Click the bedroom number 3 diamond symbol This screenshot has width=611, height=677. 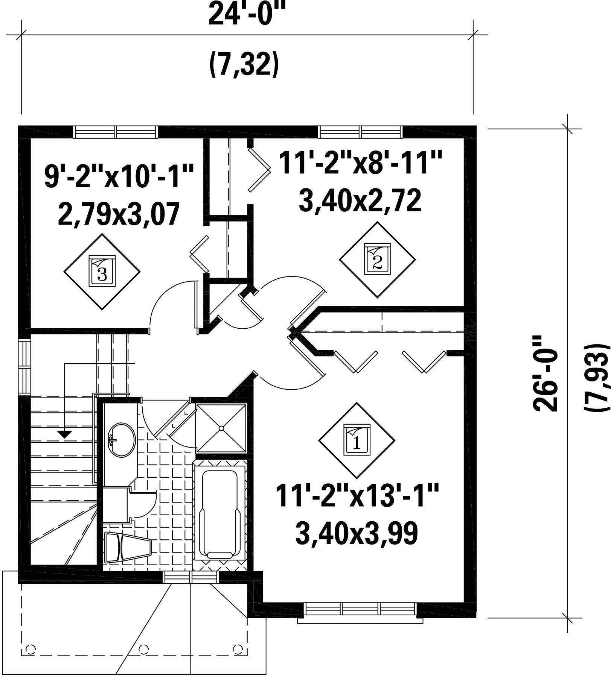tap(102, 272)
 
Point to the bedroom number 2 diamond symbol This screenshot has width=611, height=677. tap(378, 260)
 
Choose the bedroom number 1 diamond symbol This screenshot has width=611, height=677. tap(357, 440)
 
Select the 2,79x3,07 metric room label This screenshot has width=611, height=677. tap(119, 214)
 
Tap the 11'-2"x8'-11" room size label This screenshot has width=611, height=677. tap(360, 162)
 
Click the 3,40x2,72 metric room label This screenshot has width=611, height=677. tap(360, 200)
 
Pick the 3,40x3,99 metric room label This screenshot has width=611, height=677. tap(357, 533)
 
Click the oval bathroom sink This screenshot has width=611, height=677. tap(122, 440)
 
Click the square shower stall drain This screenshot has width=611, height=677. tap(221, 428)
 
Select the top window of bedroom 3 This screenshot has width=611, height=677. tap(115, 132)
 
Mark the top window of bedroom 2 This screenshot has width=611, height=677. tap(360, 132)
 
